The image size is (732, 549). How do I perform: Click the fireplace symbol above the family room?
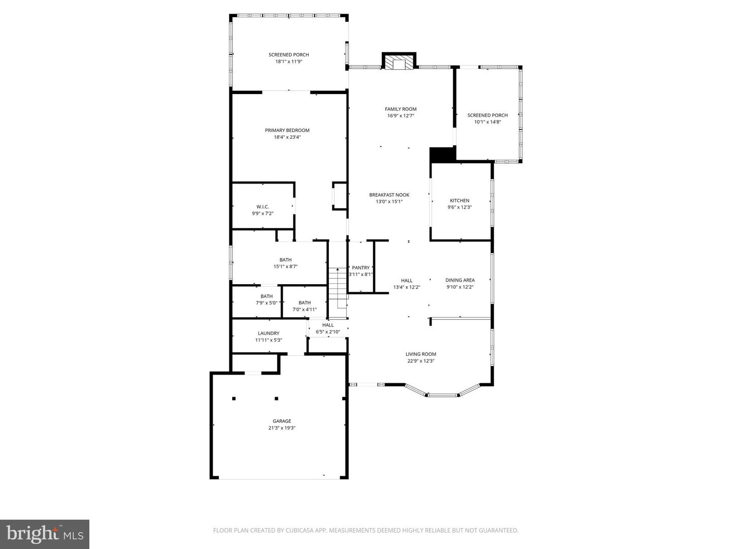[x=399, y=63]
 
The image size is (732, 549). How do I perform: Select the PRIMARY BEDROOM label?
[x=287, y=130]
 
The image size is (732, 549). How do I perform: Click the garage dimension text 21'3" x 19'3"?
[x=282, y=428]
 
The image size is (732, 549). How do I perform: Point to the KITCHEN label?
[x=460, y=200]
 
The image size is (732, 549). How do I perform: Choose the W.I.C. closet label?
[x=262, y=206]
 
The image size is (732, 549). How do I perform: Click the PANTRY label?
[x=361, y=268]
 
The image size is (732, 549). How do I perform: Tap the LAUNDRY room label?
[x=268, y=333]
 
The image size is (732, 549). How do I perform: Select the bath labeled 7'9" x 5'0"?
[x=266, y=299]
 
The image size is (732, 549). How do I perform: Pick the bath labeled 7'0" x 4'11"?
[x=304, y=306]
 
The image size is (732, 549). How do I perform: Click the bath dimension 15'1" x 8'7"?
[x=285, y=266]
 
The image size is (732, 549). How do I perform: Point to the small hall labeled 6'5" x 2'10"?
[x=328, y=328]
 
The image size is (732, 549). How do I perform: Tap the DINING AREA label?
[x=460, y=280]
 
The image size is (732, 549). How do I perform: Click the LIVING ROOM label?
[x=420, y=354]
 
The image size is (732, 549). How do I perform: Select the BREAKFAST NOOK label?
[x=389, y=195]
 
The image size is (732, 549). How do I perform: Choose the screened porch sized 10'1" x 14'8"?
[x=487, y=118]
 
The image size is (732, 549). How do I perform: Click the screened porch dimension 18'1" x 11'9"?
[x=289, y=62]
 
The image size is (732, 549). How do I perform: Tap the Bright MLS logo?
[x=45, y=534]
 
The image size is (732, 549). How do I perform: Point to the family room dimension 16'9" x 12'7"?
[x=401, y=116]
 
